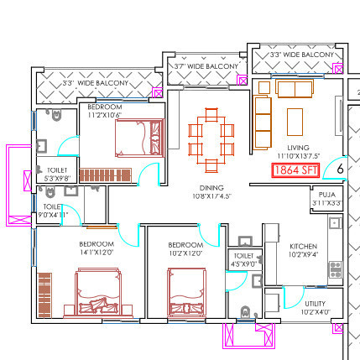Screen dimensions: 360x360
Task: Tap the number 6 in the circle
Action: tap(340, 169)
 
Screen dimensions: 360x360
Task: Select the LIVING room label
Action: tap(298, 148)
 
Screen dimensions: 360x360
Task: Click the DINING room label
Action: tap(211, 188)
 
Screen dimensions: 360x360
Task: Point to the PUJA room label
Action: tap(326, 194)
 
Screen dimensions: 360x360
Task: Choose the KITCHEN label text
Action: tap(304, 247)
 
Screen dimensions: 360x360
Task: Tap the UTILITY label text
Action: tap(316, 303)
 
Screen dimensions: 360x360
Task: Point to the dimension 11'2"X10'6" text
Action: tap(105, 116)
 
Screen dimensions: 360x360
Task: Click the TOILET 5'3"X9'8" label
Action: tap(57, 174)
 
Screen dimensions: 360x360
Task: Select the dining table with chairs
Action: tap(211, 138)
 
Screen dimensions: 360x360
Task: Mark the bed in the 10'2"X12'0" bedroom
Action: tap(186, 290)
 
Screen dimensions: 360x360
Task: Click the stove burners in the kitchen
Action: tap(335, 269)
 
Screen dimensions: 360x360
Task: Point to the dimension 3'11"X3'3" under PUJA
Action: tap(326, 203)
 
